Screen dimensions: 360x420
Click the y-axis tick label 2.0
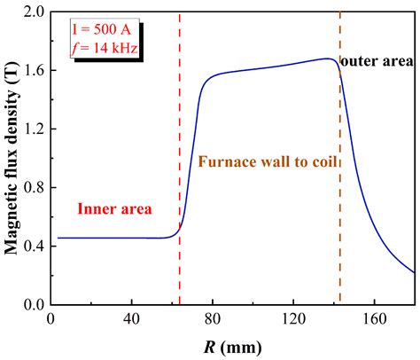click(35, 12)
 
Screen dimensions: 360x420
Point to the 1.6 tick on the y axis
click(35, 71)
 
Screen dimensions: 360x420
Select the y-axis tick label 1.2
click(35, 129)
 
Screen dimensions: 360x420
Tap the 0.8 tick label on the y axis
click(35, 188)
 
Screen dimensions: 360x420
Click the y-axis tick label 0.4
click(35, 247)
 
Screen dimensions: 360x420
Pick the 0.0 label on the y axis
click(35, 305)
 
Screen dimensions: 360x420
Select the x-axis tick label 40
click(131, 319)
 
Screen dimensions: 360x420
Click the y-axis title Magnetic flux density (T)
click(12, 158)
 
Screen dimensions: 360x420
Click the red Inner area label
click(115, 209)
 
